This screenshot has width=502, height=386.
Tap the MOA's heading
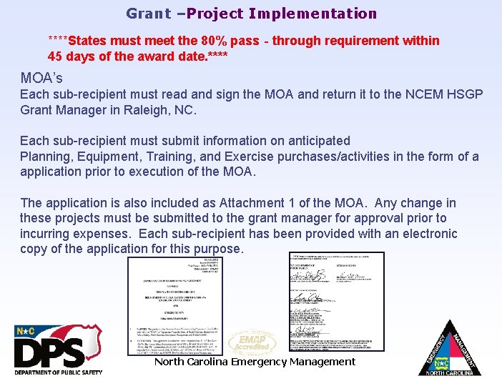(41, 78)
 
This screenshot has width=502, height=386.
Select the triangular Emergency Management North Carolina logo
(449, 348)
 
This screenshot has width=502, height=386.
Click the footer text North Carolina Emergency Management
(255, 362)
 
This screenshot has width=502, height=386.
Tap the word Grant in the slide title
(149, 14)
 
